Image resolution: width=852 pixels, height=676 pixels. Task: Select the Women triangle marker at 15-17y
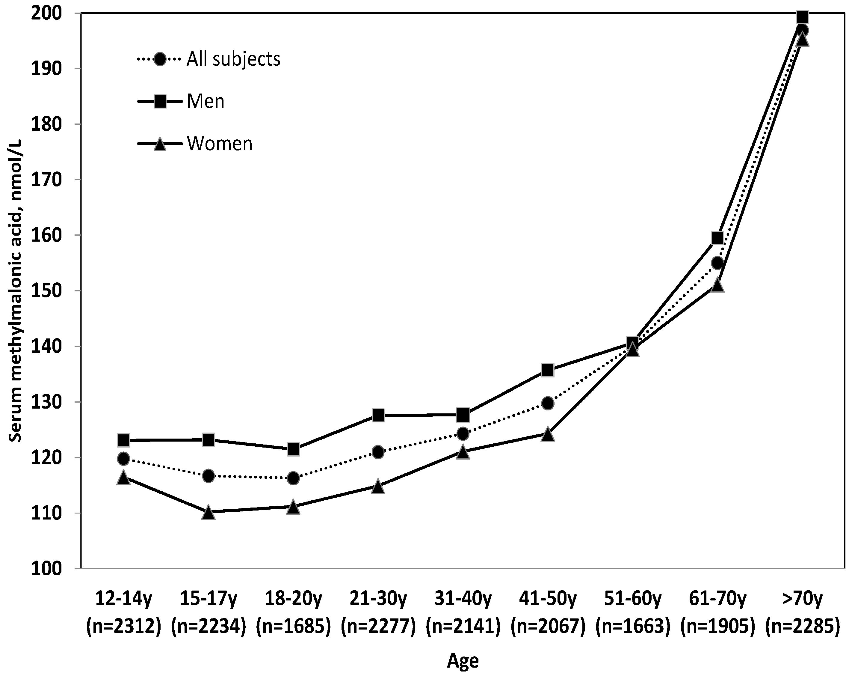[208, 513]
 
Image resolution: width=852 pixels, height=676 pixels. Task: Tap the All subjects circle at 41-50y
[548, 404]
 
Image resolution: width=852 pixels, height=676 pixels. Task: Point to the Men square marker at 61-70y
[717, 238]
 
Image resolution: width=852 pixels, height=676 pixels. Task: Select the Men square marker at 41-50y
[548, 370]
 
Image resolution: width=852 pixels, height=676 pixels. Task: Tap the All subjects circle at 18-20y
[293, 478]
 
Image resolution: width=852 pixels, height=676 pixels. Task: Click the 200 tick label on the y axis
[47, 13]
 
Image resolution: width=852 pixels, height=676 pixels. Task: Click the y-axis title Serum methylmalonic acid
[16, 291]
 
